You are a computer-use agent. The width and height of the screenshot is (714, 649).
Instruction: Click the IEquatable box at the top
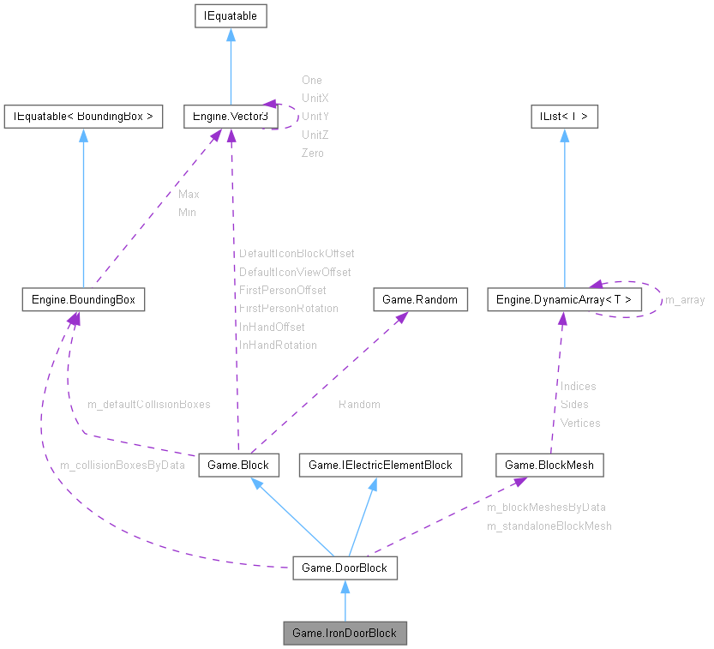[x=229, y=15]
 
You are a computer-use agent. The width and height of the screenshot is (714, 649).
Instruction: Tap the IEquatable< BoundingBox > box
[x=83, y=117]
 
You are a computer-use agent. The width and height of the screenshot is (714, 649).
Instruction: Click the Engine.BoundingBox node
[x=83, y=300]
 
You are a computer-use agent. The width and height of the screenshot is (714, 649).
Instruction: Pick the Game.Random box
[x=420, y=300]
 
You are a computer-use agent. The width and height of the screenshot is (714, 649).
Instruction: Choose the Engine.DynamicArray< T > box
[x=563, y=300]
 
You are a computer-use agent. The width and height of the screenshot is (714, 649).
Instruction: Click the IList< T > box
[x=563, y=117]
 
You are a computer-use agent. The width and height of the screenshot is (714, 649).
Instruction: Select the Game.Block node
[x=238, y=466]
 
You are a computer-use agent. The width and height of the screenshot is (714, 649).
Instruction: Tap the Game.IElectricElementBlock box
[x=380, y=466]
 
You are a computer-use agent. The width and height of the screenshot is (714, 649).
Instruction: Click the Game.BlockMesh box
[x=549, y=466]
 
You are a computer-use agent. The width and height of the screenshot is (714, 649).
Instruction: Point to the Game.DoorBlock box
[x=345, y=568]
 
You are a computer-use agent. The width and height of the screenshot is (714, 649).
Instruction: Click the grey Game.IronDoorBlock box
[x=345, y=634]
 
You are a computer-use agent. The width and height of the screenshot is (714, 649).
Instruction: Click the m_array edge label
[x=685, y=300]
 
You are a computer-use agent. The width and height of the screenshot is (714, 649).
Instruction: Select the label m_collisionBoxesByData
[x=122, y=466]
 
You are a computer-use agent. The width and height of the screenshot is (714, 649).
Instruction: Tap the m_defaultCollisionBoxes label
[x=148, y=403]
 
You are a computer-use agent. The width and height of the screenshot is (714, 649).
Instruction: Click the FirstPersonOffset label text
[x=282, y=290]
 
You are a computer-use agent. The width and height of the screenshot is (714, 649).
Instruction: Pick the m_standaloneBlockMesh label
[x=549, y=526]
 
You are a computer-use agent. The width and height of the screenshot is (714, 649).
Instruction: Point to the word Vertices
[x=580, y=423]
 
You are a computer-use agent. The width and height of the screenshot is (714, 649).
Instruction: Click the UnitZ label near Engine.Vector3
[x=315, y=135]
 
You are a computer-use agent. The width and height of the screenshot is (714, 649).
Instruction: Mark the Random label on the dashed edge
[x=359, y=404]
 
